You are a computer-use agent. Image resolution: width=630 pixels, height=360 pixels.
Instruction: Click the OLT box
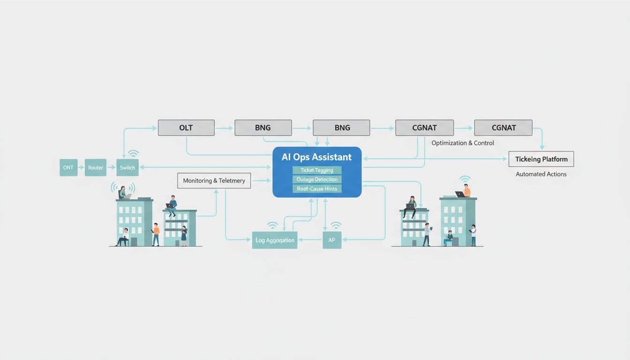click(186, 128)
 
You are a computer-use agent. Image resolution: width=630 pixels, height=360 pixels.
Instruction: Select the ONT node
click(68, 168)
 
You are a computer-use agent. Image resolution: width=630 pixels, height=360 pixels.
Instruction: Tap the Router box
click(96, 168)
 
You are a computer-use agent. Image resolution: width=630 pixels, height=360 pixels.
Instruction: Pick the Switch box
click(127, 168)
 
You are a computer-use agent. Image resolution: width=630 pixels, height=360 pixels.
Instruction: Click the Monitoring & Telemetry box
click(214, 180)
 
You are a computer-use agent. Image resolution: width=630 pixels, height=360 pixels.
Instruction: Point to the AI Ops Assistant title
click(316, 157)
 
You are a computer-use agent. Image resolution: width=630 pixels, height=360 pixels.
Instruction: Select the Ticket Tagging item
click(317, 170)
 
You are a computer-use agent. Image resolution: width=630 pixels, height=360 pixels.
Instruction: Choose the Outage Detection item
click(317, 180)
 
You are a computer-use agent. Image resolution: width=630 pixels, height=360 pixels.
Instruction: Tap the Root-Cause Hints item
click(317, 189)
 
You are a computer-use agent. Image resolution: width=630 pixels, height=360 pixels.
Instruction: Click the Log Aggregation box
click(275, 240)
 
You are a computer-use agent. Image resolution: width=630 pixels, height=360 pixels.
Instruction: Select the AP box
click(332, 240)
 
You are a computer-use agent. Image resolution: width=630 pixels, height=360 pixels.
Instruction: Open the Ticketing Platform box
click(541, 159)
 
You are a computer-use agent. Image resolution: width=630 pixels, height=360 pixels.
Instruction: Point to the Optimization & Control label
click(463, 143)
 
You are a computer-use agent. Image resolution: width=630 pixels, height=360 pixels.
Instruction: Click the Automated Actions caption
click(541, 174)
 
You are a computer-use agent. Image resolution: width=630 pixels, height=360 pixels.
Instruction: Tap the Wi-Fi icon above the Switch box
click(133, 154)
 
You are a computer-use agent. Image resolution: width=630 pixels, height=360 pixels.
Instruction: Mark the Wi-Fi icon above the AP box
click(336, 225)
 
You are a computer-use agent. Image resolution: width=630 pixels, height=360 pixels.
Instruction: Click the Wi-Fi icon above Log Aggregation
click(272, 225)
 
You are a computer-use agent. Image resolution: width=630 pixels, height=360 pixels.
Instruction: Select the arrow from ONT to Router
click(81, 168)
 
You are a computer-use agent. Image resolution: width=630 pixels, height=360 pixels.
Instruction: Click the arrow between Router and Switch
click(112, 168)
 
